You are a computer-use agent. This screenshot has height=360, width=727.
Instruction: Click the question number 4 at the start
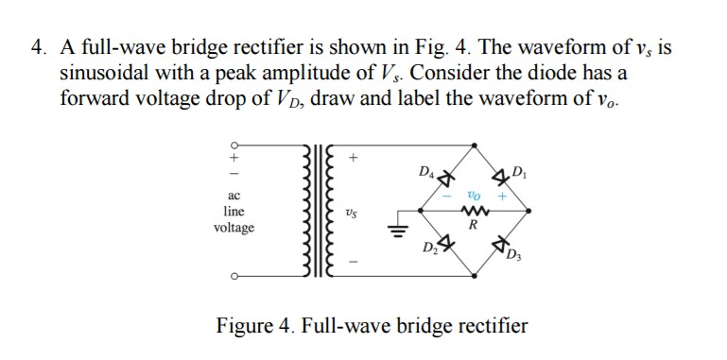point(39,46)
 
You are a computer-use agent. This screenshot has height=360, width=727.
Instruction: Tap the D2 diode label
point(428,249)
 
